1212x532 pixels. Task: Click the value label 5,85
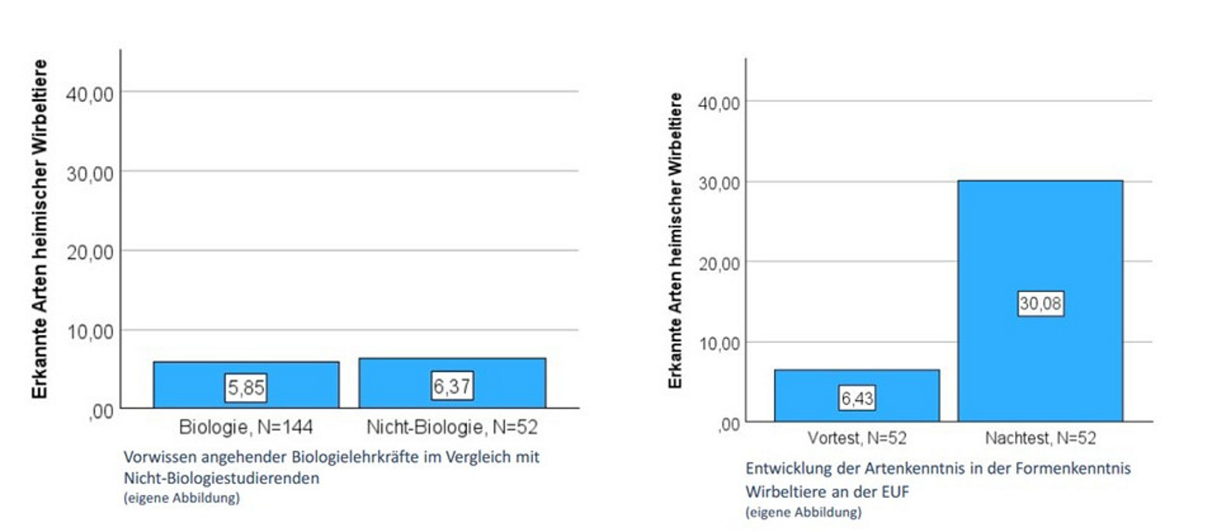[x=246, y=388]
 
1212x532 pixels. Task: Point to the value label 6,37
[x=452, y=386]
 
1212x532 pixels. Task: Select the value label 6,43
[x=857, y=398]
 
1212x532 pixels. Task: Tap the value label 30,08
[x=1040, y=303]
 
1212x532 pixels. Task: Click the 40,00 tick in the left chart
[x=90, y=94]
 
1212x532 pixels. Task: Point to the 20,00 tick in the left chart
[x=90, y=253]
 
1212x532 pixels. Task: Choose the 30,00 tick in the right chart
[x=719, y=183]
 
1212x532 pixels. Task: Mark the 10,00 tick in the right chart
[x=719, y=344]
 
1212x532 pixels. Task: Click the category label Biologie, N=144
[x=246, y=427]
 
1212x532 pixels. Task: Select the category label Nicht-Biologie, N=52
[x=452, y=427]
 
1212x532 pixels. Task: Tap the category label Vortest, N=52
[x=857, y=438]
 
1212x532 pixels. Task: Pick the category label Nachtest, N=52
[x=1040, y=438]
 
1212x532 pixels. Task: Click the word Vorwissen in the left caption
[x=159, y=457]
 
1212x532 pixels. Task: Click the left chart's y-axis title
[x=40, y=229]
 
